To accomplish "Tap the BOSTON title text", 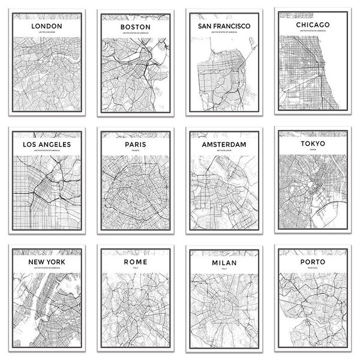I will click(135, 28).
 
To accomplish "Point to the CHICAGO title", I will click(312, 25).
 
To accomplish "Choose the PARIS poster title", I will click(135, 145).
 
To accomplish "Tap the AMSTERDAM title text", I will click(224, 145).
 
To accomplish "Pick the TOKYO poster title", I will click(312, 145).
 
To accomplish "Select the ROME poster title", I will click(135, 262).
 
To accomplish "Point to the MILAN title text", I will click(224, 262).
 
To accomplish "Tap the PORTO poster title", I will click(312, 262).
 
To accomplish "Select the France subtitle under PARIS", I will click(135, 151).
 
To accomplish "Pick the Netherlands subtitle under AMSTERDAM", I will click(224, 151).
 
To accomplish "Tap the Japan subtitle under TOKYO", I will click(312, 151).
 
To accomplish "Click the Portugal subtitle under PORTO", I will click(312, 269).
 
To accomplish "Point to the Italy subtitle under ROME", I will click(135, 269).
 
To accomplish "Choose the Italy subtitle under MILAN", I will click(224, 269).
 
